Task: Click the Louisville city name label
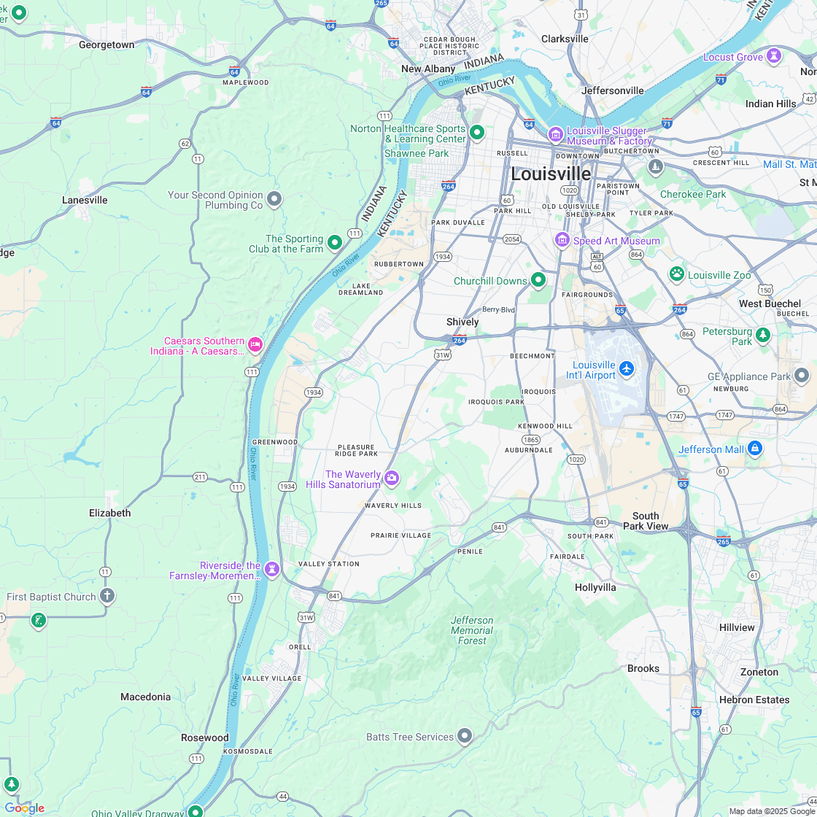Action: pos(551,174)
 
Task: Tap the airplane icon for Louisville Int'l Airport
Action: pos(627,369)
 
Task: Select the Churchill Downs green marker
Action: pos(538,279)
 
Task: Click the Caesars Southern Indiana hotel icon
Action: pos(255,344)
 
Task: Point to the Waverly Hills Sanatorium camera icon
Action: pos(392,479)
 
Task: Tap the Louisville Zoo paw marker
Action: pos(677,274)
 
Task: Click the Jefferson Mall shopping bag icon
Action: pos(755,448)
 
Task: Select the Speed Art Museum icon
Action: pos(562,240)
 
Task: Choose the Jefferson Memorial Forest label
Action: pos(472,630)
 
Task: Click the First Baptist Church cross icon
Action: pos(107,596)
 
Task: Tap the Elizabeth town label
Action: pos(110,513)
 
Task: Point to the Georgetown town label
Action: pos(107,44)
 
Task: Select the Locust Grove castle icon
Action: pos(774,56)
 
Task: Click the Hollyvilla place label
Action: pos(595,587)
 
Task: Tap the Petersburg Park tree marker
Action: pos(763,336)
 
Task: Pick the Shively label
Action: pos(462,322)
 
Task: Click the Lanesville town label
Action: pos(85,200)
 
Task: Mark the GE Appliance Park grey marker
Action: pos(802,376)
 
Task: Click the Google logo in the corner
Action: pos(24,808)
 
